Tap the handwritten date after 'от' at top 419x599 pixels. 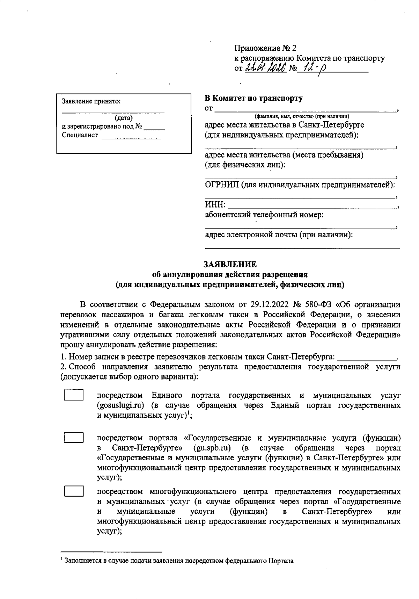(x=266, y=68)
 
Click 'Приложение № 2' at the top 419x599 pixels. (x=265, y=48)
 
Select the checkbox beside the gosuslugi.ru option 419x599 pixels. (x=74, y=395)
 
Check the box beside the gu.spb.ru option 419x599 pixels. (x=74, y=438)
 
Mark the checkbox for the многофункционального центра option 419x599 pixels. (x=74, y=491)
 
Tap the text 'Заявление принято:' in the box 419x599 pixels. (x=91, y=101)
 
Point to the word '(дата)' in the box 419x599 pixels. (x=124, y=118)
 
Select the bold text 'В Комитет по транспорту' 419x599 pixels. (x=253, y=98)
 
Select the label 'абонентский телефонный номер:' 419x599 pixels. (x=264, y=215)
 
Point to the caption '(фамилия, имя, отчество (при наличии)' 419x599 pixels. (x=302, y=116)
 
